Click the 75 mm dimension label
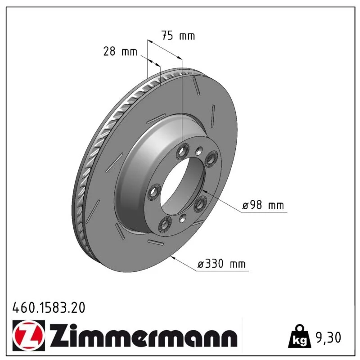click(x=178, y=36)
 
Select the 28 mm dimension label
click(x=120, y=51)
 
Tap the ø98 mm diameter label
click(x=263, y=205)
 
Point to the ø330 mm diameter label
click(x=221, y=264)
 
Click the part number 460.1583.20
click(x=49, y=308)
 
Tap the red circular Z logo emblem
click(x=29, y=335)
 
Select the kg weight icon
click(x=300, y=336)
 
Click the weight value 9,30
click(x=328, y=337)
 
